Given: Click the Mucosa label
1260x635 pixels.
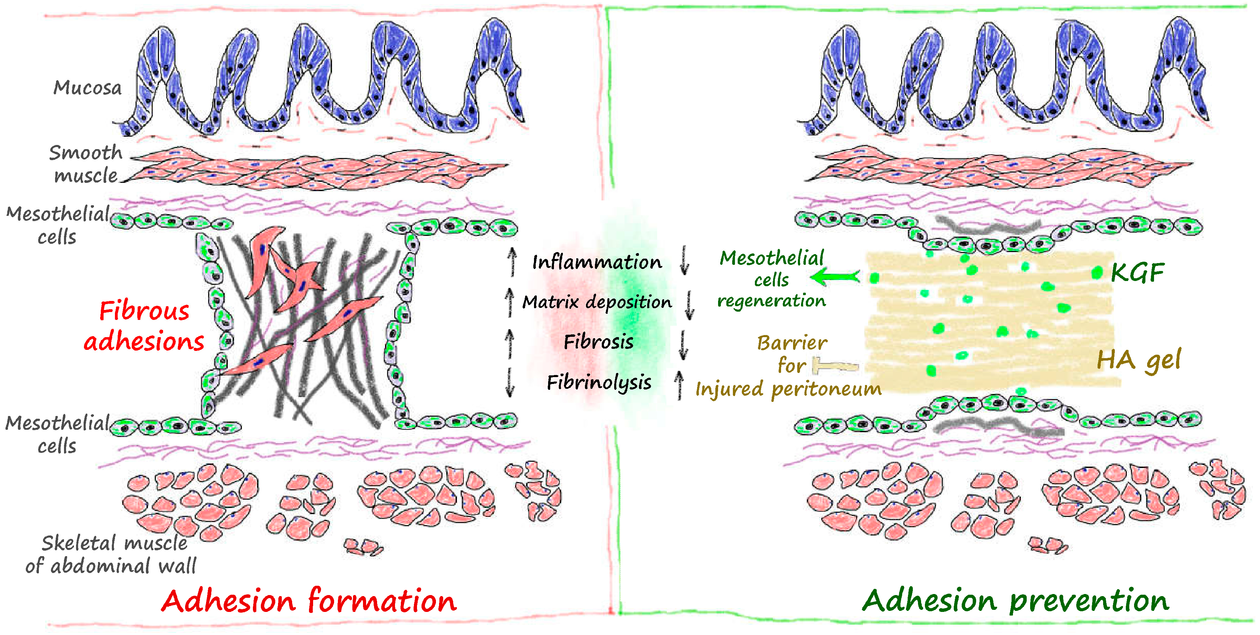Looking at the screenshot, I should (87, 87).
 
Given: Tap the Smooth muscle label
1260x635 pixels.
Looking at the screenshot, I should (86, 164).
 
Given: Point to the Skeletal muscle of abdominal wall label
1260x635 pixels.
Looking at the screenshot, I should (111, 554).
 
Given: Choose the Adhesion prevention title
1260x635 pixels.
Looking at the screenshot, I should (1015, 600).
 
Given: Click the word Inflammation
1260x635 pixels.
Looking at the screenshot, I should (597, 262).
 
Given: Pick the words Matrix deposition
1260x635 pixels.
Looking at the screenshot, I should (597, 302).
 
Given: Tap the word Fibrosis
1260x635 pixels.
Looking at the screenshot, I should (598, 342).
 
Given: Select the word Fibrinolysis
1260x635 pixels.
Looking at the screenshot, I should (599, 382).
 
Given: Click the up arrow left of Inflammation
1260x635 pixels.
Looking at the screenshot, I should (512, 261).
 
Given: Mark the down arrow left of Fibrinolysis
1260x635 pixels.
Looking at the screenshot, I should (510, 382).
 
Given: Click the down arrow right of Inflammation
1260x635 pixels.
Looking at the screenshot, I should (684, 260).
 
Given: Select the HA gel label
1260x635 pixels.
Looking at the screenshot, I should (1139, 360).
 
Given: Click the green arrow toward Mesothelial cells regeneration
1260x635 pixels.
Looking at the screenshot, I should (835, 277).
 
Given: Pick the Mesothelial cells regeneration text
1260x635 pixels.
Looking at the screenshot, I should (771, 279).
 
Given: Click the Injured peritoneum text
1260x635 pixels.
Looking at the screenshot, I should (788, 389).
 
